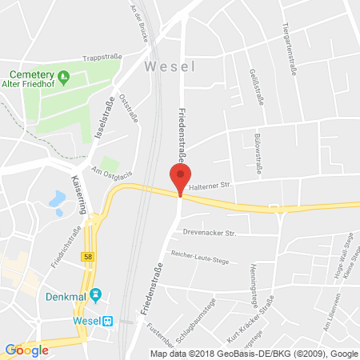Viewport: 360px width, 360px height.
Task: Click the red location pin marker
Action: tap(180, 178)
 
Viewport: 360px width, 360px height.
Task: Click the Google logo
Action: tap(26, 350)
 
